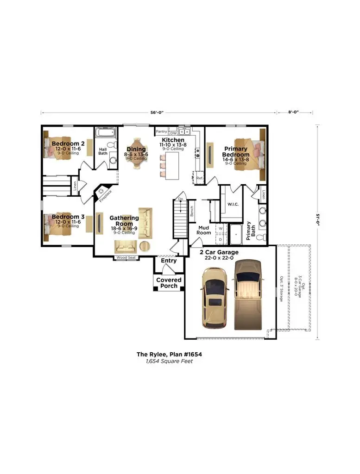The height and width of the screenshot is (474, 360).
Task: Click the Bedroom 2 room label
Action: pyautogui.click(x=68, y=143)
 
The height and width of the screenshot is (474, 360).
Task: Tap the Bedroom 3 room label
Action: pyautogui.click(x=68, y=217)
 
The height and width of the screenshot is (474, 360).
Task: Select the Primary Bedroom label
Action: pyautogui.click(x=235, y=152)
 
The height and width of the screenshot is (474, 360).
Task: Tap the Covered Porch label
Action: pyautogui.click(x=169, y=283)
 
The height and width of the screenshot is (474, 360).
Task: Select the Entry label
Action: pyautogui.click(x=169, y=261)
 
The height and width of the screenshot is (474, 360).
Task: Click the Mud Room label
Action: pyautogui.click(x=204, y=230)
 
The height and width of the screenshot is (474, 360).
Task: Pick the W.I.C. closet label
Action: pyautogui.click(x=233, y=204)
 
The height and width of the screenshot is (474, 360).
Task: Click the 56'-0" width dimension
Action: pyautogui.click(x=158, y=112)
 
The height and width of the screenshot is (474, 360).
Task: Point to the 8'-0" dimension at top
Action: pyautogui.click(x=294, y=112)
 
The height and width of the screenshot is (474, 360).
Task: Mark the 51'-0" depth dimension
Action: pyautogui.click(x=317, y=218)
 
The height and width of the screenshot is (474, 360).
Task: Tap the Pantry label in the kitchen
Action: pyautogui.click(x=161, y=132)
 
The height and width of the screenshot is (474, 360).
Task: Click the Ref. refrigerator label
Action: pyautogui.click(x=199, y=178)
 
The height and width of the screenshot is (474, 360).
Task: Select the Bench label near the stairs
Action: pyautogui.click(x=192, y=211)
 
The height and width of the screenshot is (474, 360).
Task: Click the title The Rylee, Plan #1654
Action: pyautogui.click(x=169, y=354)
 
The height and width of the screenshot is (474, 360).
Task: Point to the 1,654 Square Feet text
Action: pyautogui.click(x=169, y=361)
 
